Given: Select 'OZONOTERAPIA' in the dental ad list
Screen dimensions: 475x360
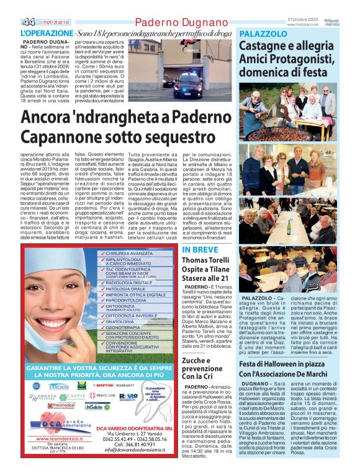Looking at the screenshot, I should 127,327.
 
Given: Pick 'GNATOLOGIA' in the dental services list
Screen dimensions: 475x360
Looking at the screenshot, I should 124,321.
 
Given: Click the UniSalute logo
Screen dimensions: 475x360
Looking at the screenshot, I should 97,407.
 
